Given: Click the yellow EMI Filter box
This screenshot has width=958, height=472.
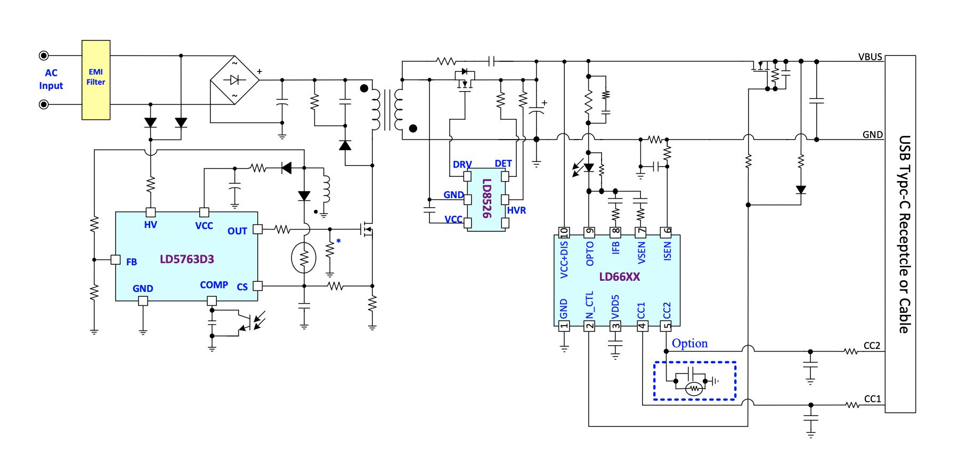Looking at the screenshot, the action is (96, 80).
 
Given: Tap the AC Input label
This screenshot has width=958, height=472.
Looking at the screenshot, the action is (51, 79).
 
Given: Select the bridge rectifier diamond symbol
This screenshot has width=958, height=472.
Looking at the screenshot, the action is (234, 80).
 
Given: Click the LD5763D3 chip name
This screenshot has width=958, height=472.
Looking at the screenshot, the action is (187, 259).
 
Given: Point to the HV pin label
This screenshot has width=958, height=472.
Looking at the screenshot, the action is (150, 225).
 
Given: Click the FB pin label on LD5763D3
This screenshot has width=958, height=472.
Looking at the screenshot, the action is (132, 262).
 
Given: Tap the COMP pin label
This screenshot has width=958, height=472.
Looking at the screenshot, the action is (214, 285).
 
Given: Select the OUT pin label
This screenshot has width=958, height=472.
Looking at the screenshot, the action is (237, 231).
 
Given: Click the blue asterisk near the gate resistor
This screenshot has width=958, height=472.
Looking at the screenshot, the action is (338, 241).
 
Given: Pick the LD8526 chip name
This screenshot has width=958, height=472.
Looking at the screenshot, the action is (486, 198).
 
